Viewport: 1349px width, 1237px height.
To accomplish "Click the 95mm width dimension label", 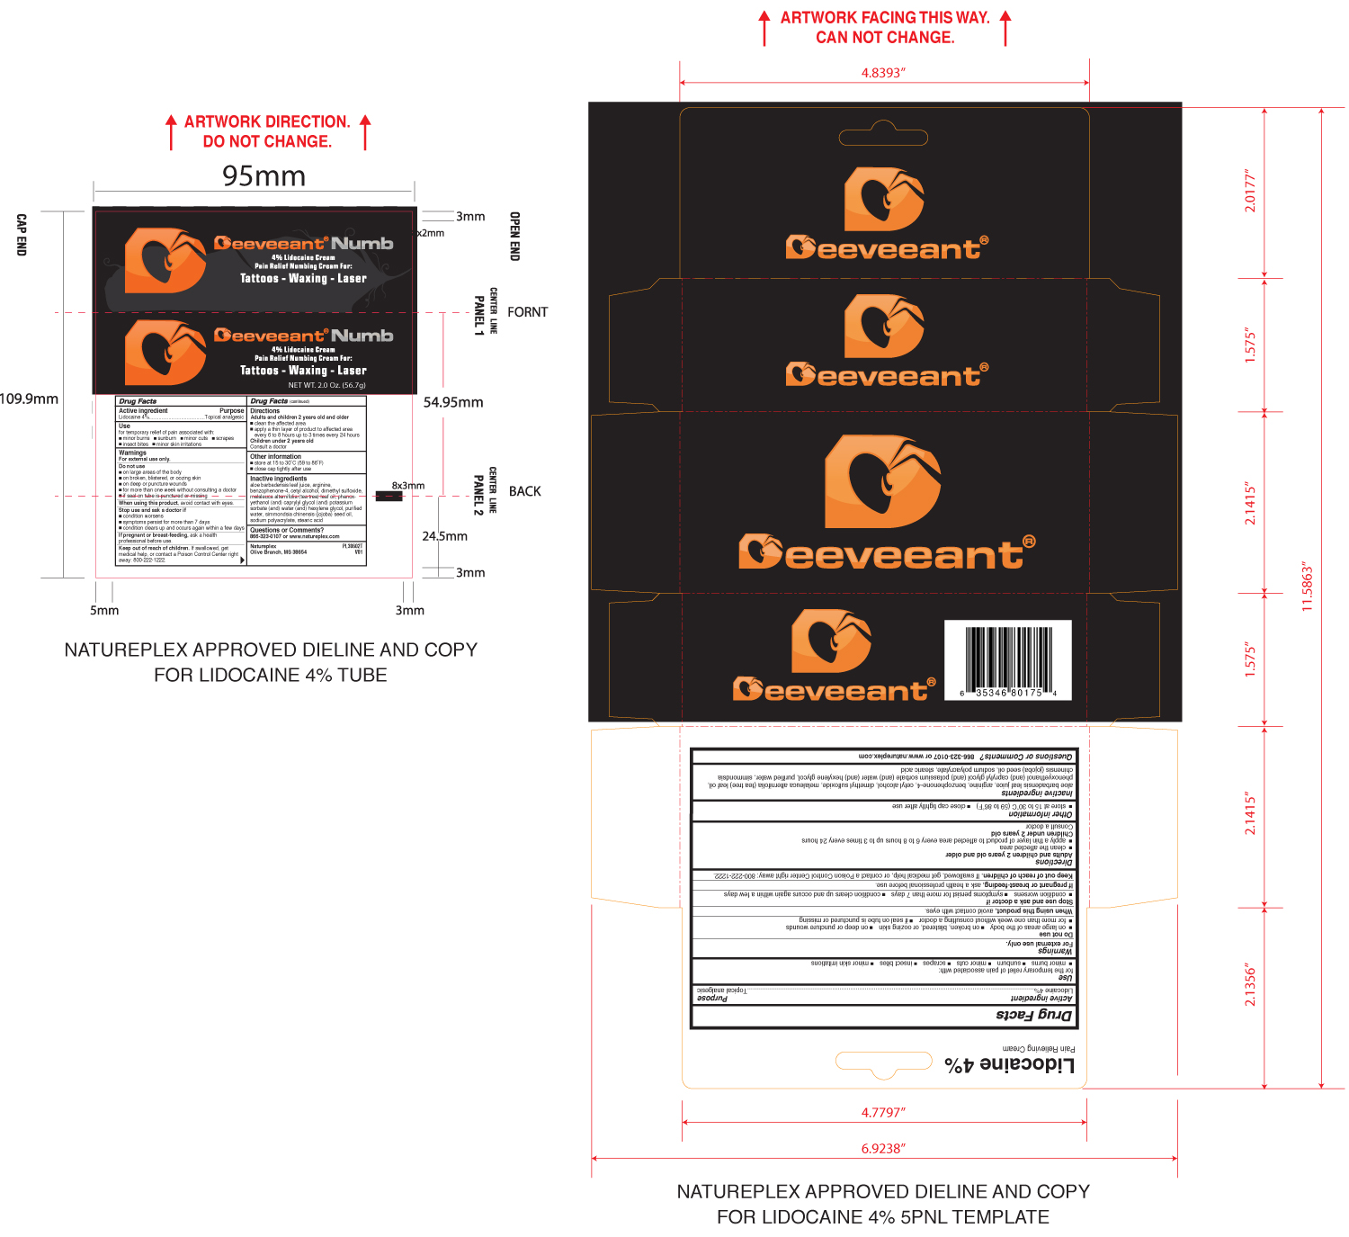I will tap(264, 176).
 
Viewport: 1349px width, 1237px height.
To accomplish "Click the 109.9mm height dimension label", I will tap(29, 399).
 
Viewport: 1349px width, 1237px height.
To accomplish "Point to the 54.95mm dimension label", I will tap(453, 402).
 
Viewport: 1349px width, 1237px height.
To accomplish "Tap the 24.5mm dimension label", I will tap(444, 536).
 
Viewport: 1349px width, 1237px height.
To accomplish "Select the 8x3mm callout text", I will tap(407, 486).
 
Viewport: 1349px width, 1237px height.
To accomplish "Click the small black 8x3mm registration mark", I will tap(389, 496).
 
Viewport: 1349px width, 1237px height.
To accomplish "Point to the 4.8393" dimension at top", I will tap(883, 73).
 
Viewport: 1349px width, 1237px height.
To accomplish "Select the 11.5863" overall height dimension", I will tap(1307, 588).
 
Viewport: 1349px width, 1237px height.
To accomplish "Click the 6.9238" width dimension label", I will tap(883, 1149).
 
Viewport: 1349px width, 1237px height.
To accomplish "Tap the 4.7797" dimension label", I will tap(883, 1113).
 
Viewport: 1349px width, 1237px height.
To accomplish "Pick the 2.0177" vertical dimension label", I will tap(1250, 191).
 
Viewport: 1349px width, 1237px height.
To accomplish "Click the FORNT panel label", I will tap(527, 312).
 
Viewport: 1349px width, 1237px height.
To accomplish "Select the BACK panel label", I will tap(525, 491).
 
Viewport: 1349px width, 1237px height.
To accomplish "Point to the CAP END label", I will tap(22, 235).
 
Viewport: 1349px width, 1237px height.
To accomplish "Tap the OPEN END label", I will tap(514, 237).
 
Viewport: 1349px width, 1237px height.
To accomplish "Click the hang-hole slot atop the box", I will tap(883, 138).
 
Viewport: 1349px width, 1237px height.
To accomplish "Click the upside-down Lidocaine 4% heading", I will tap(1009, 1065).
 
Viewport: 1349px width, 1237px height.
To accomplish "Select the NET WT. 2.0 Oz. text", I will tap(326, 385).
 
